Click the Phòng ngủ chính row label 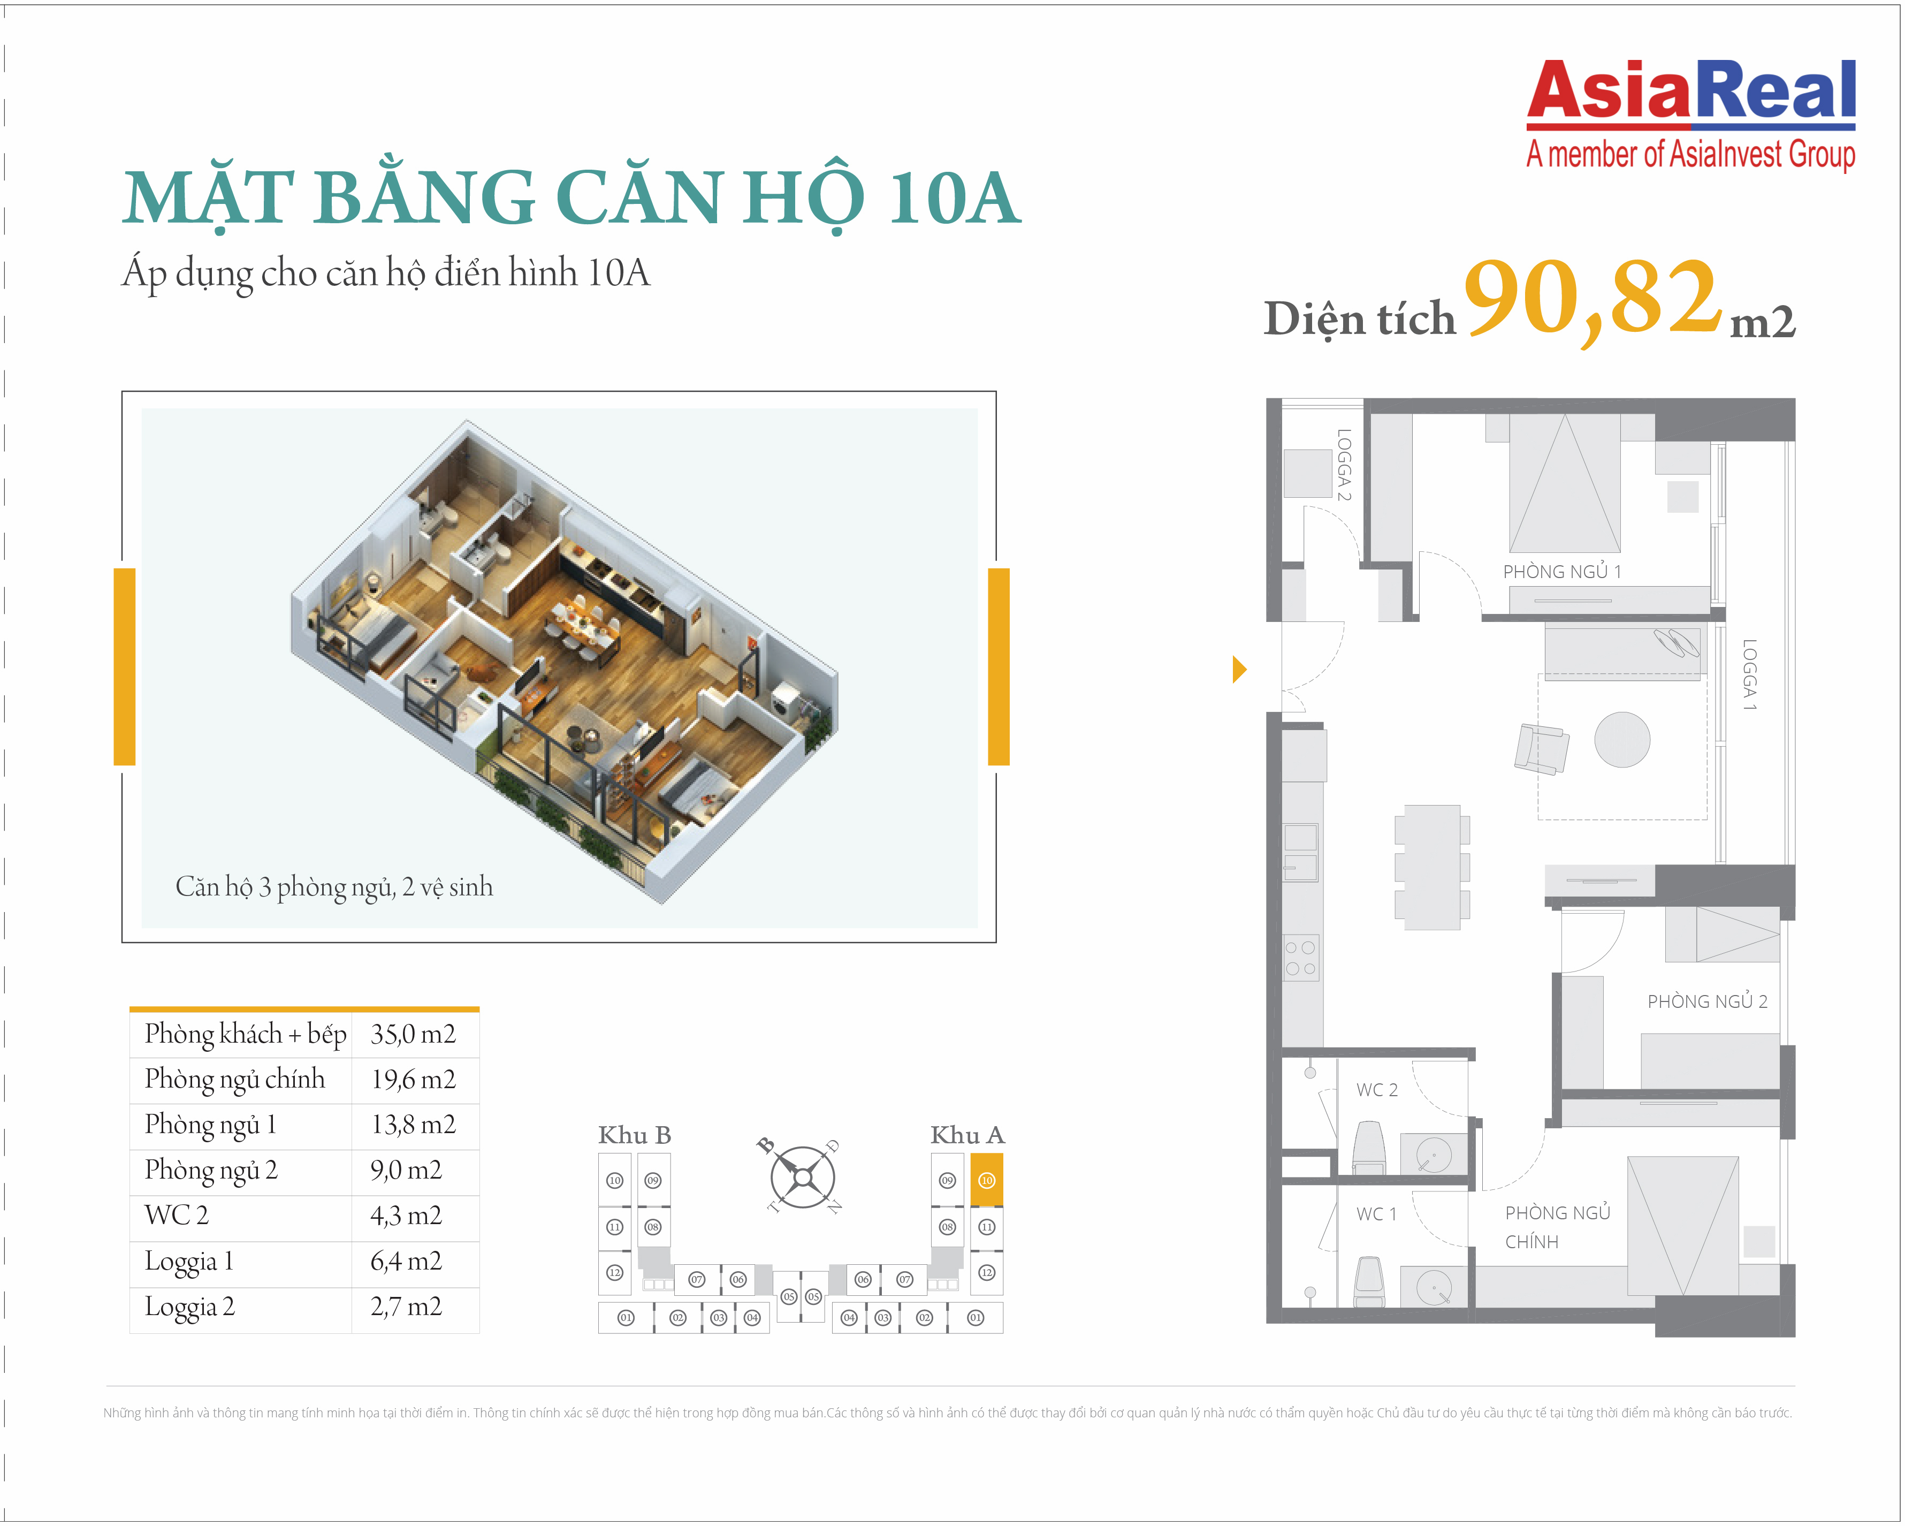234,1079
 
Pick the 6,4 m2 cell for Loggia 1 406,1261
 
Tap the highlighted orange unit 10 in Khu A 986,1180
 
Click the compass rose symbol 802,1177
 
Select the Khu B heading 635,1135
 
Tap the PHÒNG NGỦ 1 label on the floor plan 1562,572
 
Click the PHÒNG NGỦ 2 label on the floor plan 1707,1001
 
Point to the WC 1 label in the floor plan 1377,1214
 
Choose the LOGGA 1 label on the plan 1749,674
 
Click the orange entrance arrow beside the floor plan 1240,669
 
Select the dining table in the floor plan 1432,867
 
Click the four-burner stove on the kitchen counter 1301,958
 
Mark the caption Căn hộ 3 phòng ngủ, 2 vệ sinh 334,887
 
